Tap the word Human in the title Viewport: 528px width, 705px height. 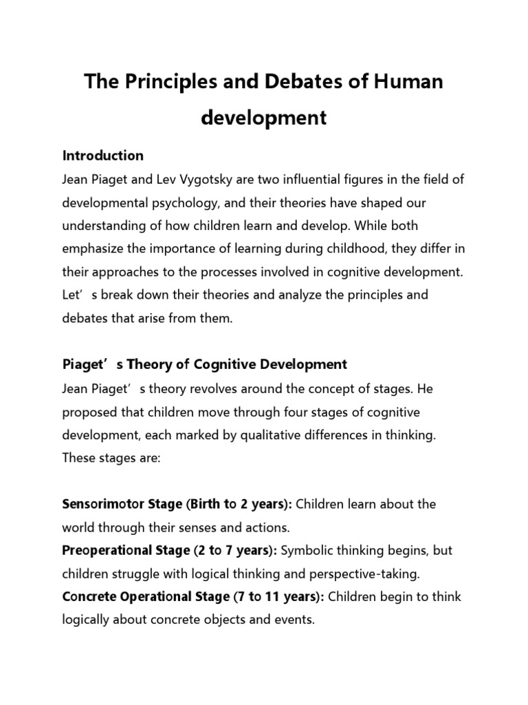point(407,83)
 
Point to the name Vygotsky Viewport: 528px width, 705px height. point(228,180)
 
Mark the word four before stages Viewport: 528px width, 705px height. point(303,412)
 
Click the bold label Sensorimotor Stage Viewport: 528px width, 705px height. point(121,504)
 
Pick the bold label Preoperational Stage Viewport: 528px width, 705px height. point(126,550)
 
